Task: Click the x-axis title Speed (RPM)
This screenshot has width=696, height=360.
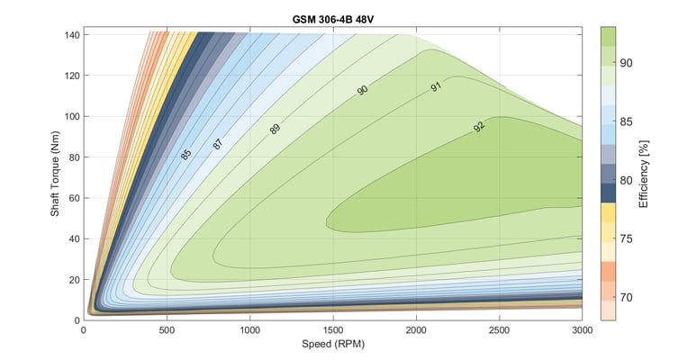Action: click(x=332, y=344)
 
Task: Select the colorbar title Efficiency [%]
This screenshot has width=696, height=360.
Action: click(x=643, y=173)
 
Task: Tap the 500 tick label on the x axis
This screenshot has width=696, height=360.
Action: click(x=167, y=329)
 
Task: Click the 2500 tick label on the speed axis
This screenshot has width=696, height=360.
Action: click(x=499, y=329)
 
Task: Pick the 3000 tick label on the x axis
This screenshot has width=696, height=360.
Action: click(x=582, y=329)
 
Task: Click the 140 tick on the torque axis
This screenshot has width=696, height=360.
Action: click(x=70, y=35)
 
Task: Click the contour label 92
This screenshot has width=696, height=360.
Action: click(x=480, y=127)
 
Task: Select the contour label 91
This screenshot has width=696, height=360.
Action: click(x=438, y=88)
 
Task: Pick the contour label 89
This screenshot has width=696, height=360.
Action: click(x=275, y=129)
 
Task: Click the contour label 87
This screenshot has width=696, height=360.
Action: click(x=218, y=143)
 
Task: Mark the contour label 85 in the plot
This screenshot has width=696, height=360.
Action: click(x=185, y=154)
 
